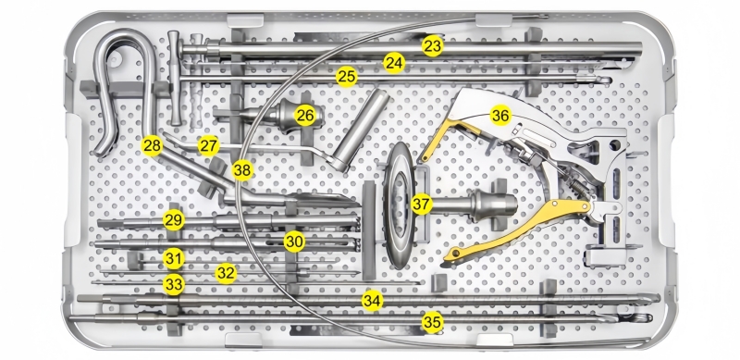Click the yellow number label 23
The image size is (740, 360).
point(432,46)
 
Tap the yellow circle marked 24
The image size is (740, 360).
point(394,63)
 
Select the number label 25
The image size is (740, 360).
point(347,77)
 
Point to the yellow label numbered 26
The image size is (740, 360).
point(305,116)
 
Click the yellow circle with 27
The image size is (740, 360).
point(209,145)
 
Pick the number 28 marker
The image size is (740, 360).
point(152,146)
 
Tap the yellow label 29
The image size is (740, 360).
point(174,219)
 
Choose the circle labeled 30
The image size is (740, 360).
point(294,242)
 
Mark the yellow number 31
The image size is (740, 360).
point(174,259)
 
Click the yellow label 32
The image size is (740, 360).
point(226,273)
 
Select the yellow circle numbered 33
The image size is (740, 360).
point(174,285)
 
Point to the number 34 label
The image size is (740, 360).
point(372,301)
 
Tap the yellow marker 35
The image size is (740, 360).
point(432,322)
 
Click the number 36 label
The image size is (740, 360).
point(500,116)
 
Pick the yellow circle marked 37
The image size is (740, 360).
point(422,205)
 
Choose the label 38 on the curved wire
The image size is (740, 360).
point(242,170)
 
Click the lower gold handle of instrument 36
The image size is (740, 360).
point(514,230)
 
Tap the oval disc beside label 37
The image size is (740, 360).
point(399,205)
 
